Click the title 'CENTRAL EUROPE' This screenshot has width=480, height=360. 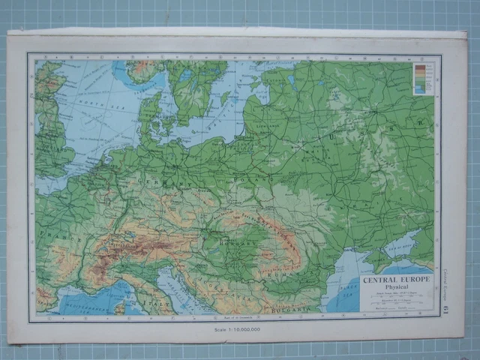(396, 280)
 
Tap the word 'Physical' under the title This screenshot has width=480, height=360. (396, 288)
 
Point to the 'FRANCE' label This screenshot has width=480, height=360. (54, 232)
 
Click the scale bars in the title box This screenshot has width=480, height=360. (396, 304)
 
